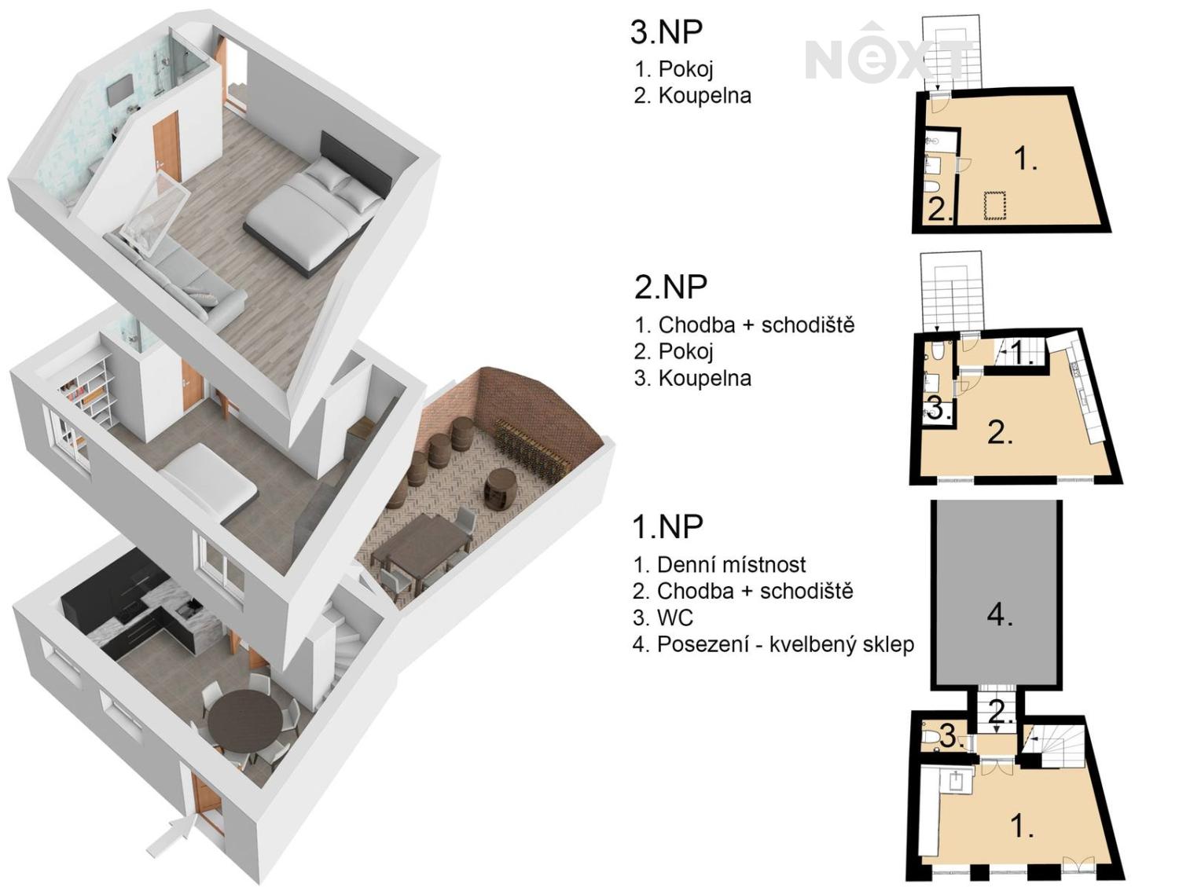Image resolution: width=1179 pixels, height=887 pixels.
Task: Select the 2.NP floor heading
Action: pyautogui.click(x=670, y=287)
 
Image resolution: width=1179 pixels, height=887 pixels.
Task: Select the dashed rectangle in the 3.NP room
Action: pyautogui.click(x=995, y=206)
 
